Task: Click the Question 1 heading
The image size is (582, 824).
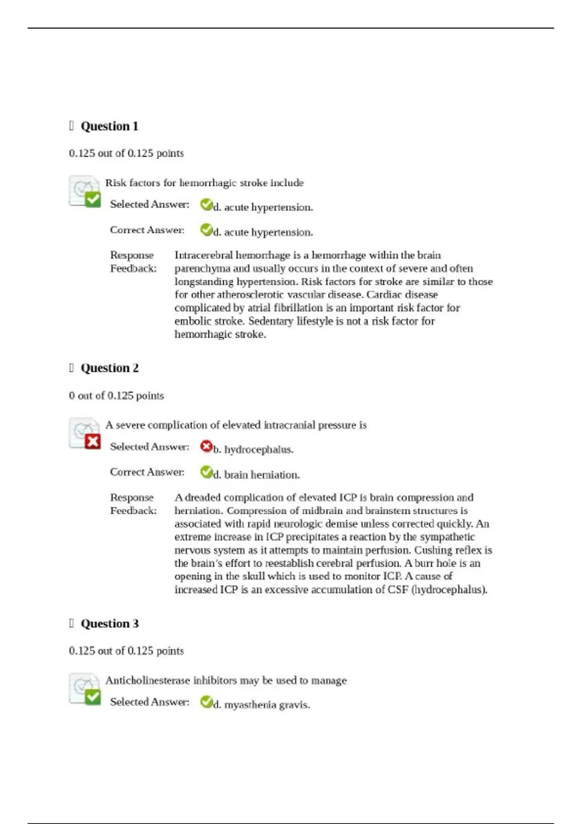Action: (109, 127)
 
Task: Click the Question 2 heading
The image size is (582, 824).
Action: (109, 368)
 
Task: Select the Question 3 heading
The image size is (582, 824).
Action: (109, 624)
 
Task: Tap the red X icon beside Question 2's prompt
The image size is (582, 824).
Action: (92, 442)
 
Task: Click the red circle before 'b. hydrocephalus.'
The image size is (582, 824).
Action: (206, 446)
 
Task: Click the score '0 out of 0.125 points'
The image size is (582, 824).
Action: (116, 396)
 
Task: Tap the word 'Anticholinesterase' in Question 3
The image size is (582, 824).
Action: (147, 681)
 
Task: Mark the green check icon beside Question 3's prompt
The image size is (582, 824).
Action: (92, 697)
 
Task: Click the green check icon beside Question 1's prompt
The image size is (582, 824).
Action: (92, 199)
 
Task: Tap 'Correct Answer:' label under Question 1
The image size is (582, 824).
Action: (147, 230)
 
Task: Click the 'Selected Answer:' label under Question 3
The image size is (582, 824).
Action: (149, 702)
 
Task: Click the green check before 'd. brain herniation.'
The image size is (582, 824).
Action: (206, 472)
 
